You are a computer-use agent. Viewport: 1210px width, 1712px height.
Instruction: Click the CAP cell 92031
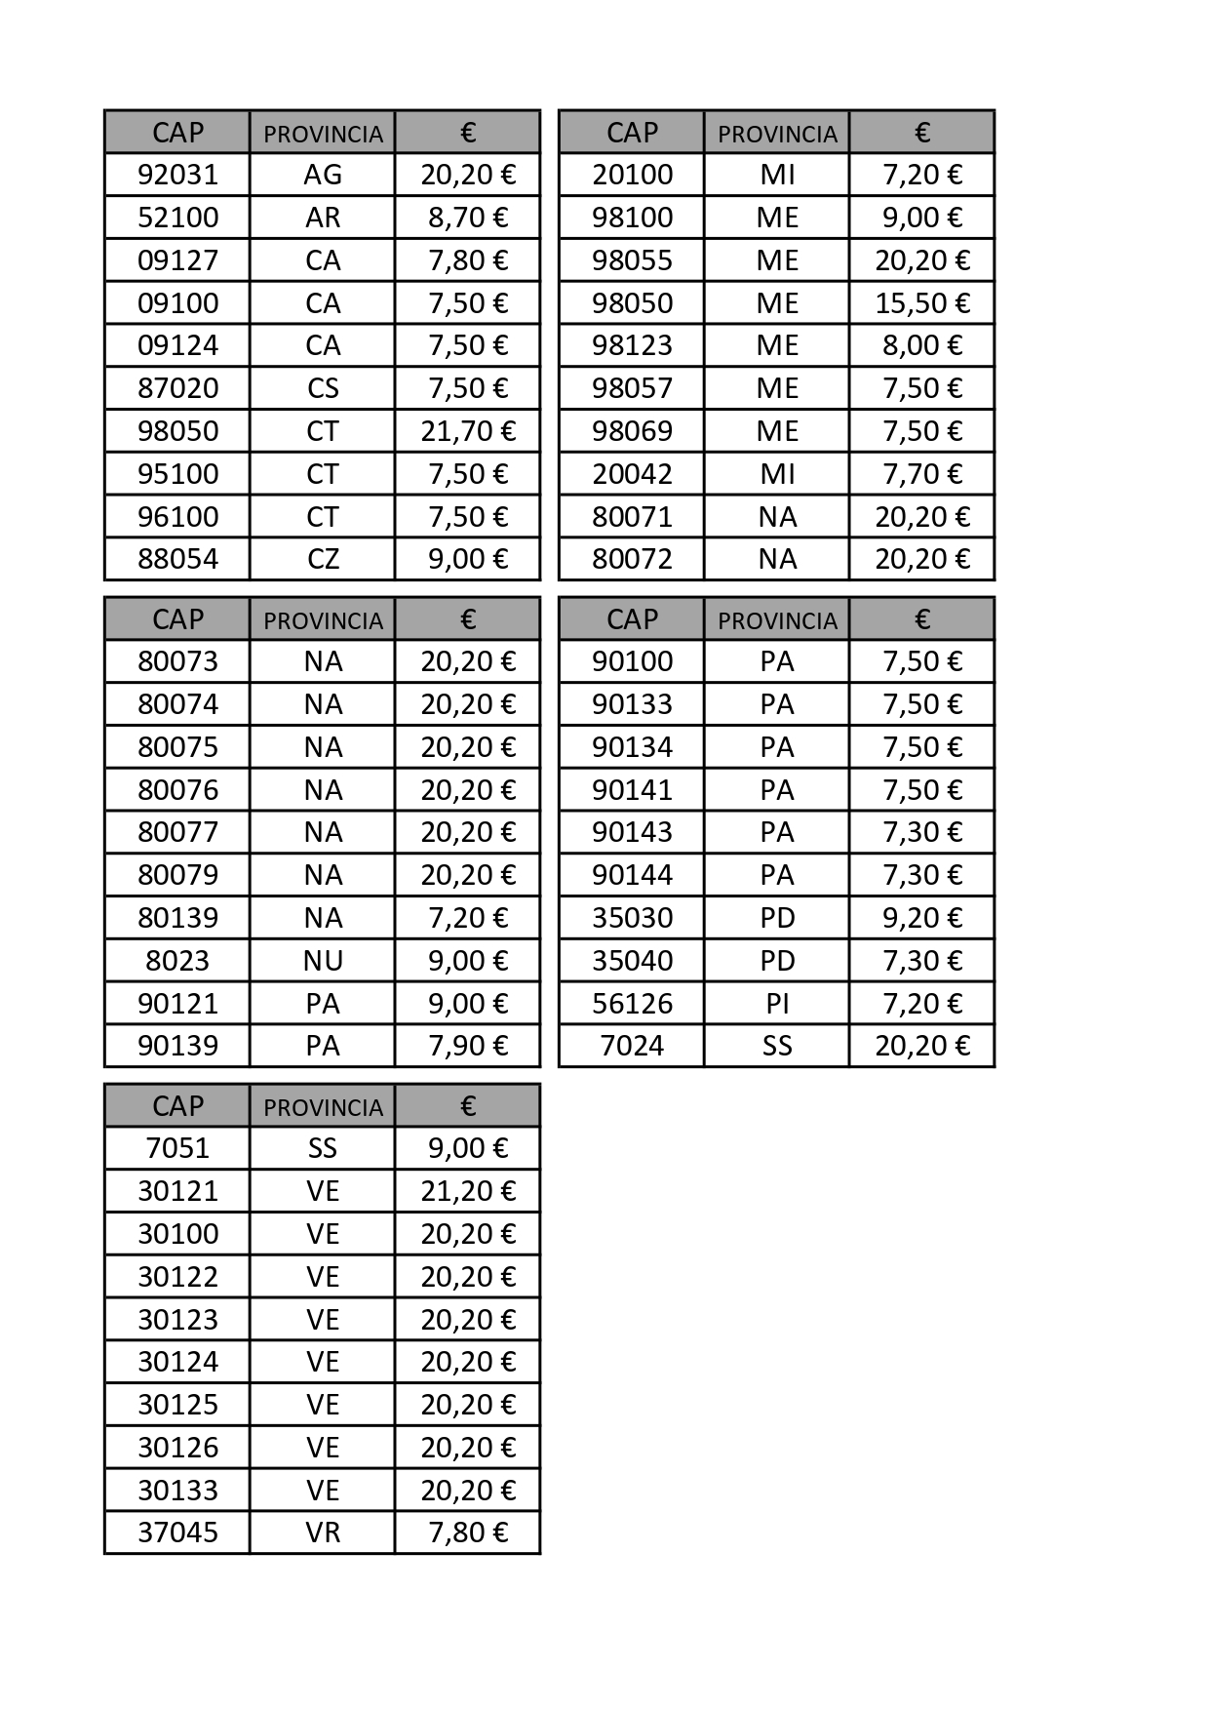coord(177,175)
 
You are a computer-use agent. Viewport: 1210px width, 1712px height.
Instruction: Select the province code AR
coord(323,218)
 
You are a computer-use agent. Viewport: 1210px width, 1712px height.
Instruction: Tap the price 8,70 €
coord(468,218)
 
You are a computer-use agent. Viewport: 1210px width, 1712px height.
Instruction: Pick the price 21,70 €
coord(468,431)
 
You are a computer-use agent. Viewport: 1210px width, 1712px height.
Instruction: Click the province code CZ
coord(323,559)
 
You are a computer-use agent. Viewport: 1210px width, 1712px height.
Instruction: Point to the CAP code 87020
coord(177,388)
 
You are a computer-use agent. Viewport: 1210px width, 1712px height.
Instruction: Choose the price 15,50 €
coord(922,303)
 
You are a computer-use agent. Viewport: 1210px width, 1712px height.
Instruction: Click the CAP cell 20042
coord(632,474)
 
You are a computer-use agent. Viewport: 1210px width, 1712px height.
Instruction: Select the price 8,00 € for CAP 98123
coord(922,345)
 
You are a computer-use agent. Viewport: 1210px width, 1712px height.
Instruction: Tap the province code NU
coord(323,961)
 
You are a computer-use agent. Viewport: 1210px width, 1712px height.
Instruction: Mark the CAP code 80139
coord(177,918)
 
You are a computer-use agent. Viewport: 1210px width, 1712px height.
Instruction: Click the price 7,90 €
coord(468,1046)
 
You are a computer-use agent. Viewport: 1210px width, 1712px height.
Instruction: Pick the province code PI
coord(777,1004)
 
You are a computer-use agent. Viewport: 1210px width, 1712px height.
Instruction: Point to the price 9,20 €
coord(922,918)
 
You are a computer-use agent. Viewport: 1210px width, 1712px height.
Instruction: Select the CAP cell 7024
coord(632,1046)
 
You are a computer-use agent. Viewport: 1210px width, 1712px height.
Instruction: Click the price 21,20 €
coord(468,1191)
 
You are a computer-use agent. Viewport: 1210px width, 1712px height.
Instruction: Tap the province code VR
coord(323,1533)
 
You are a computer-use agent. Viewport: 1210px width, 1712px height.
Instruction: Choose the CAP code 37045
coord(177,1533)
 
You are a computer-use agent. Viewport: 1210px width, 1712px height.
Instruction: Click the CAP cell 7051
coord(177,1148)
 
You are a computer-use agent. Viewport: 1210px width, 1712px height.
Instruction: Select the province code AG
coord(323,175)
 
